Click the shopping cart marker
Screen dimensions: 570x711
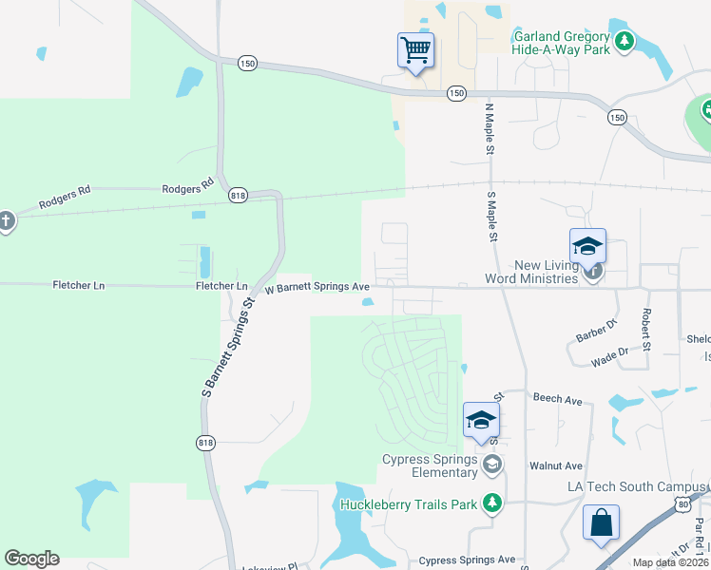click(x=415, y=48)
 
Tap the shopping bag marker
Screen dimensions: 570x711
click(x=601, y=523)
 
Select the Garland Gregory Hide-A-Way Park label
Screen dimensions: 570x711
click(x=561, y=43)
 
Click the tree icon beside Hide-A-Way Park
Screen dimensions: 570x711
click(x=625, y=40)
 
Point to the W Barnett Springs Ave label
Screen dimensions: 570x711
click(x=317, y=286)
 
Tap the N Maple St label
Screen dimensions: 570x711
click(x=490, y=130)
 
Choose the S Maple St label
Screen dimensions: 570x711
click(x=492, y=218)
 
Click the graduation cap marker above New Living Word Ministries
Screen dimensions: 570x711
click(x=587, y=247)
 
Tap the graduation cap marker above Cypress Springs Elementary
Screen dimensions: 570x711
click(x=481, y=420)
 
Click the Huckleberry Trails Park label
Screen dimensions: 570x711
click(x=408, y=504)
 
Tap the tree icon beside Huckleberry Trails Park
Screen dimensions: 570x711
click(x=491, y=503)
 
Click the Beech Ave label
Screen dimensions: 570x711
click(x=557, y=400)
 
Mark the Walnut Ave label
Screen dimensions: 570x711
click(x=556, y=465)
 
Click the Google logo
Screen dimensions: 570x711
click(x=31, y=559)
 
